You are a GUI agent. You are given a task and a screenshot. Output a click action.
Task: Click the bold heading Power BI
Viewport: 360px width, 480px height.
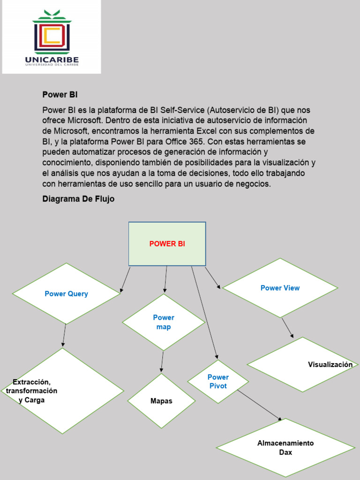pyautogui.click(x=60, y=95)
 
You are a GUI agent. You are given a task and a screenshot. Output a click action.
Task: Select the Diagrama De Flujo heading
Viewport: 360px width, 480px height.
pyautogui.click(x=78, y=199)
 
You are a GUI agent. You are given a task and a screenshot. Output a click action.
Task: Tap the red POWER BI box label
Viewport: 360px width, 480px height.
pyautogui.click(x=167, y=244)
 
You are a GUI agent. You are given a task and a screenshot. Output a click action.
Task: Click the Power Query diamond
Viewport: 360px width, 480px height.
pyautogui.click(x=66, y=294)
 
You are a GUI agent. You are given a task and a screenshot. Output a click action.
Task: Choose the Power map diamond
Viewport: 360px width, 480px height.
pyautogui.click(x=164, y=322)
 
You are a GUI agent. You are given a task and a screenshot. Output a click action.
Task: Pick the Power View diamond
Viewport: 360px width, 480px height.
pyautogui.click(x=280, y=288)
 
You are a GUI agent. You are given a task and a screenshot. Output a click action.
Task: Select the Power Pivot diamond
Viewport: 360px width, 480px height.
pyautogui.click(x=218, y=381)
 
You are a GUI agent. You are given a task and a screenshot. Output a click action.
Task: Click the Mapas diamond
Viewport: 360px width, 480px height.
pyautogui.click(x=161, y=401)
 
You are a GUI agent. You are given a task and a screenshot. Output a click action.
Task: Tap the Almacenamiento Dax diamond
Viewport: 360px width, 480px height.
pyautogui.click(x=285, y=448)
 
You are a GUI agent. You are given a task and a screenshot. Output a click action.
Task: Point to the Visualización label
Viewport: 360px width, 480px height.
pyautogui.click(x=330, y=364)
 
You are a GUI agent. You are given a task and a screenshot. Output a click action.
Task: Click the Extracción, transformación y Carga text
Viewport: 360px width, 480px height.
pyautogui.click(x=32, y=390)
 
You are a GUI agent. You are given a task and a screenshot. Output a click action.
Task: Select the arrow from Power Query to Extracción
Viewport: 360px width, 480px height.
pyautogui.click(x=64, y=336)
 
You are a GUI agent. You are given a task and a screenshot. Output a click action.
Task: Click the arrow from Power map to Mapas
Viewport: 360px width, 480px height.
pyautogui.click(x=162, y=361)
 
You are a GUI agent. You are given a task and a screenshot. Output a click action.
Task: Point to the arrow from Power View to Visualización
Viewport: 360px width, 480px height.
pyautogui.click(x=287, y=328)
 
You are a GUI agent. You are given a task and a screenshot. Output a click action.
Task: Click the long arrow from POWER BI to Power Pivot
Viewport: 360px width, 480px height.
pyautogui.click(x=204, y=313)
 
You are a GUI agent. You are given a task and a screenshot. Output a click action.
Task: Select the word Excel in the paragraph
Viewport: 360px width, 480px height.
pyautogui.click(x=207, y=131)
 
